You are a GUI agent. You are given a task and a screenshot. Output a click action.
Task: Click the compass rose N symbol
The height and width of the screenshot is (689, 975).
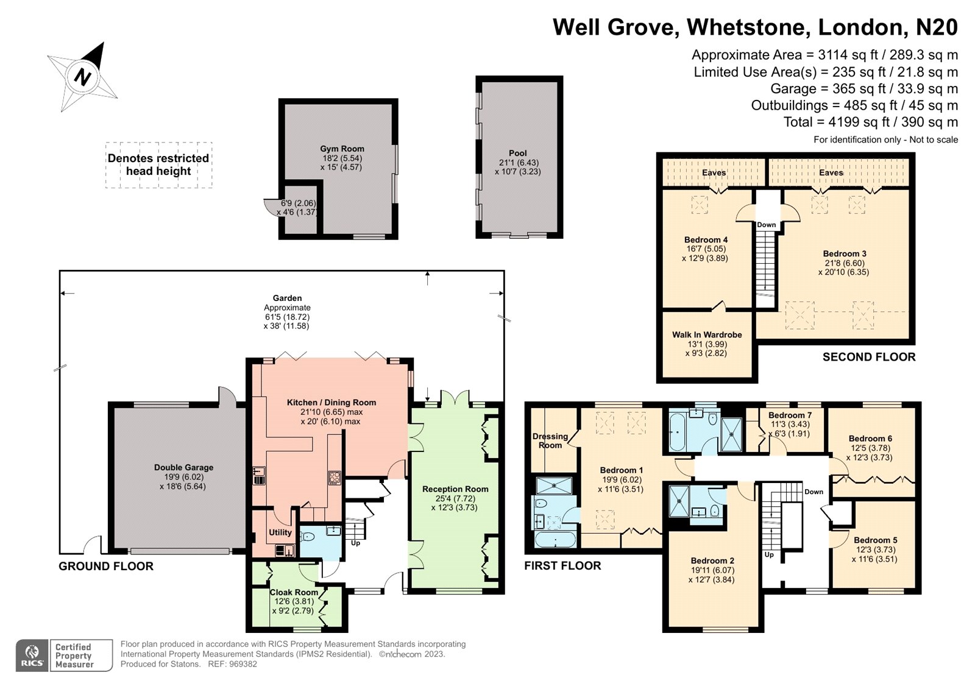pos(83,77)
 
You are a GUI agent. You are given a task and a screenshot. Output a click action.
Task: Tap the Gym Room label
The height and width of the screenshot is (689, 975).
pos(342,149)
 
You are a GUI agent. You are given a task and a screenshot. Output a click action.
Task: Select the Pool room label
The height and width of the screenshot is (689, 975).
pos(517,153)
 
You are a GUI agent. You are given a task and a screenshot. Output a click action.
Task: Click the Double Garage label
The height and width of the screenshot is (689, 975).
pos(183,467)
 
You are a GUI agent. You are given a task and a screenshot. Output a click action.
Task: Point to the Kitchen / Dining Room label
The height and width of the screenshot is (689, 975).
pos(331,402)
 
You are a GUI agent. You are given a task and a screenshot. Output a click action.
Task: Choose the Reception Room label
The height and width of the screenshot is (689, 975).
pos(455,489)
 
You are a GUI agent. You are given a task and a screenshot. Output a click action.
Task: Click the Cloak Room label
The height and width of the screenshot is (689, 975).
pos(294,592)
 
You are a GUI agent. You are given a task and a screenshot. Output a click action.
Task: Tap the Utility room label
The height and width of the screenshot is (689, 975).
pos(280,532)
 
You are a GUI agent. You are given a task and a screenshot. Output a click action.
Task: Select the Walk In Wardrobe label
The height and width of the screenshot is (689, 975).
pos(707,334)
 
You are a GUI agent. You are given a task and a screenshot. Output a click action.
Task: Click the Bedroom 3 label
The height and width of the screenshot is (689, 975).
pos(845,253)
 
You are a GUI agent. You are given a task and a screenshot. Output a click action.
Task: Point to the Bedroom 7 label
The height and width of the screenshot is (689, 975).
pos(790,415)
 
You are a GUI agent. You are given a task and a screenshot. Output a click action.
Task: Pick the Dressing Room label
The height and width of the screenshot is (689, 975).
pos(550,440)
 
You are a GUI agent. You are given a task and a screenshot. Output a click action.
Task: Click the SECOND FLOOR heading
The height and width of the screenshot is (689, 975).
pos(869,357)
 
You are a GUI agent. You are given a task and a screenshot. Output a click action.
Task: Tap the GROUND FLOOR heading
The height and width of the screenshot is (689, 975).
pos(106,566)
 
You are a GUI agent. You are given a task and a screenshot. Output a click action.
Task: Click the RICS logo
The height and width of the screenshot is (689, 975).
pos(32,655)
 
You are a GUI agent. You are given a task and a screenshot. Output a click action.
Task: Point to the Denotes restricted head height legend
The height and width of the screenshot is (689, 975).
pos(158,164)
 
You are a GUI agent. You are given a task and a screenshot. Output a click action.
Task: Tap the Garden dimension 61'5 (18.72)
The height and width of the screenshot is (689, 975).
pos(287,317)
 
